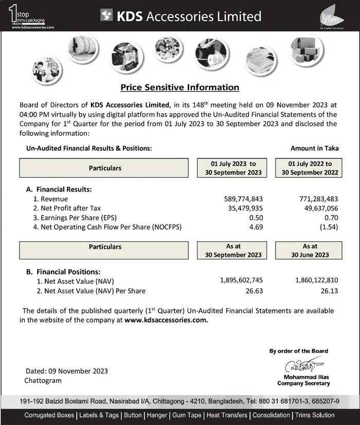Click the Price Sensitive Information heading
[x=179, y=87]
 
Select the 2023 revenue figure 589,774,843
[x=244, y=199]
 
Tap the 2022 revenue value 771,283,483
[x=318, y=199]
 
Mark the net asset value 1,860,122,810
[x=316, y=280]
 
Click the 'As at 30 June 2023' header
[x=310, y=251]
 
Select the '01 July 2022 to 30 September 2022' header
[x=310, y=168]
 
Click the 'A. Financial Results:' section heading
[x=59, y=189]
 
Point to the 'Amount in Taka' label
[x=314, y=148]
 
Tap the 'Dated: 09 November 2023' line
[x=67, y=371]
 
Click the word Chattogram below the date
[x=43, y=380]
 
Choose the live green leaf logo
[x=329, y=16]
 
